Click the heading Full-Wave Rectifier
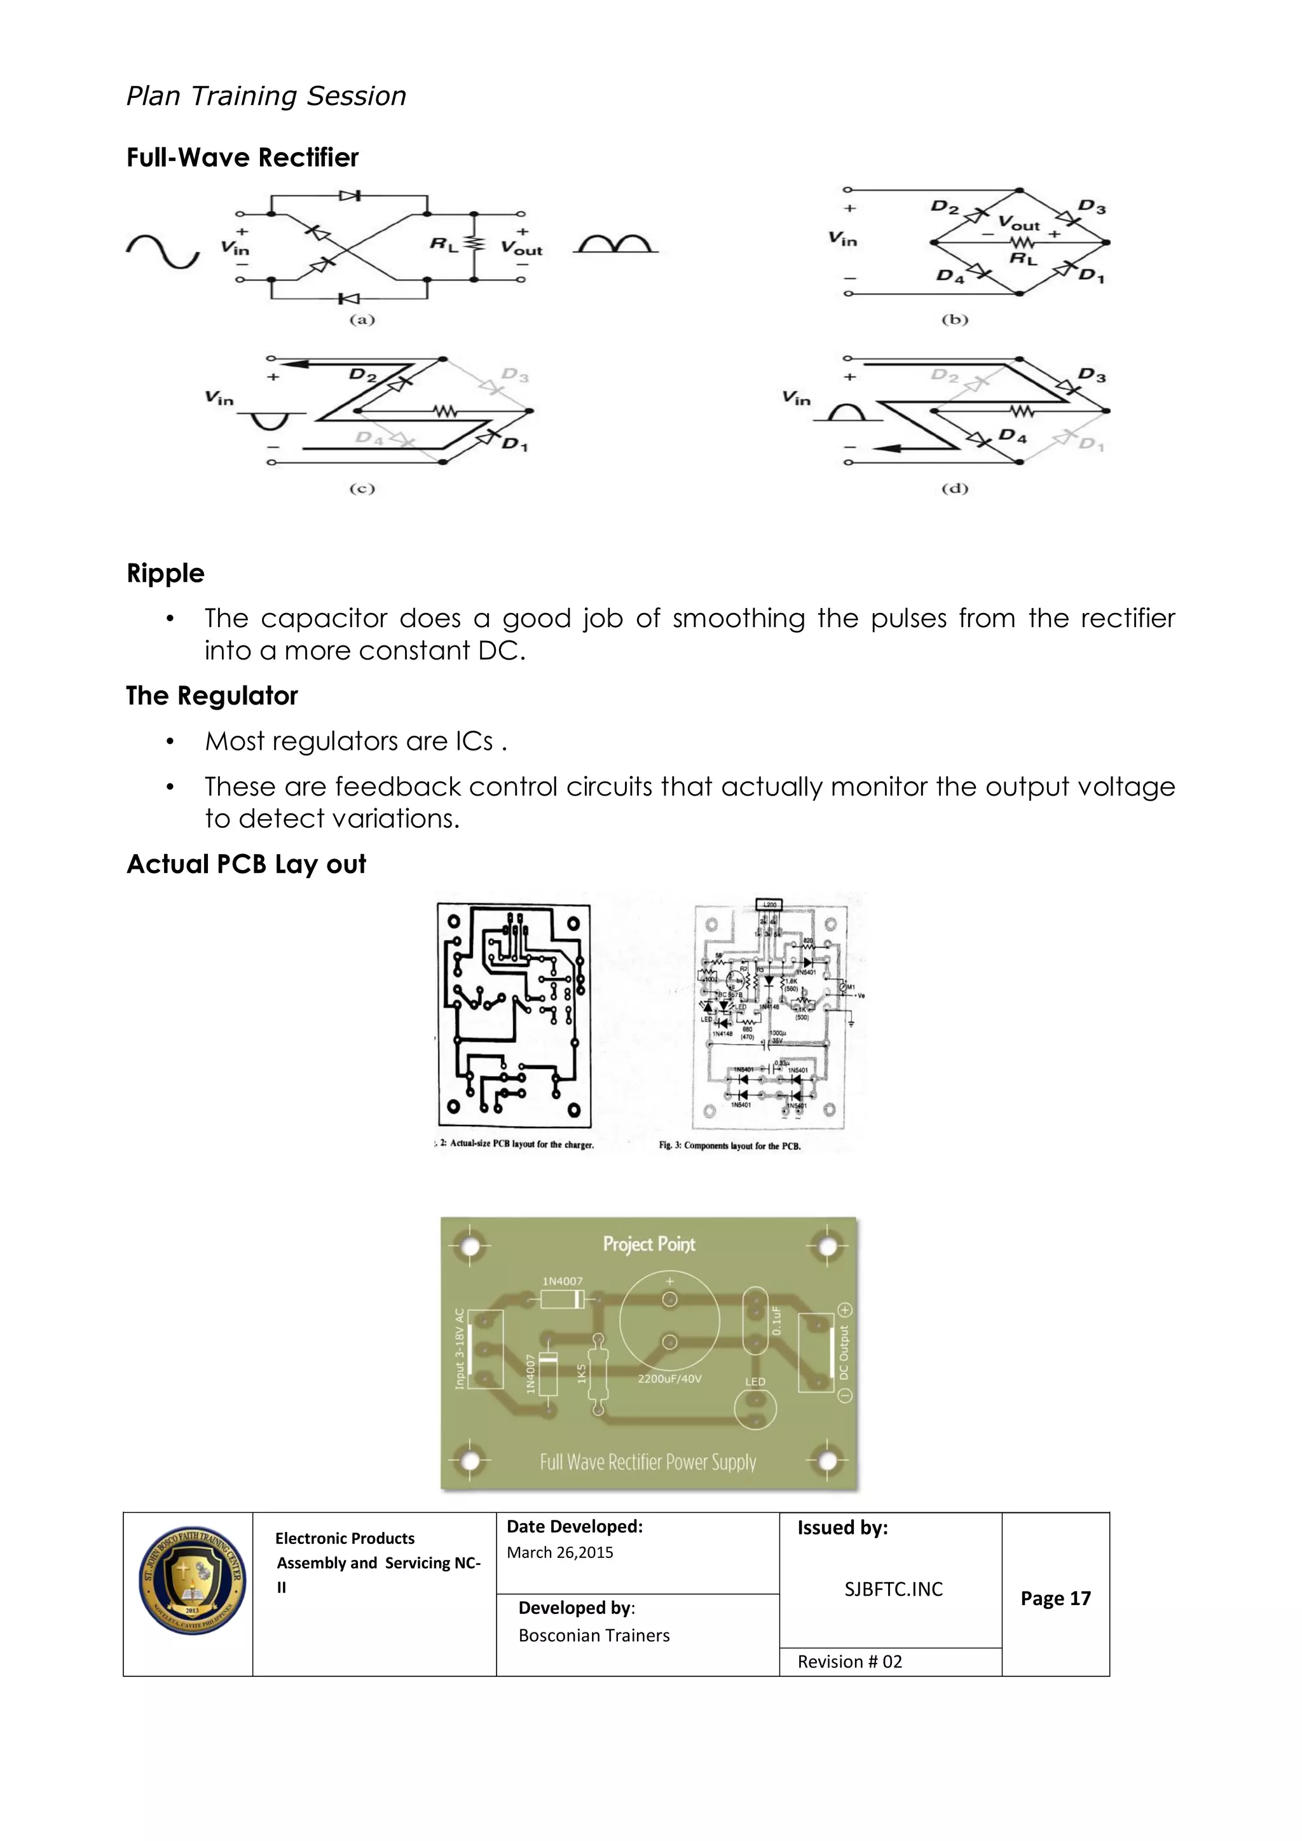pos(242,158)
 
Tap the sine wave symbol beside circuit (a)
pos(163,251)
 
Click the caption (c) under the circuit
pos(362,488)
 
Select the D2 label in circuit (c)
pos(362,375)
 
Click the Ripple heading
pos(165,574)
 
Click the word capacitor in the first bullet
pos(324,618)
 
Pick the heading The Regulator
pos(212,696)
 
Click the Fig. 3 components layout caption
pos(730,1146)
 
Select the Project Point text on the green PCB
pos(648,1245)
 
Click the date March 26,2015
pos(559,1552)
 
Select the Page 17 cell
pos(1055,1598)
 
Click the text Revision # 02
pos(850,1662)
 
